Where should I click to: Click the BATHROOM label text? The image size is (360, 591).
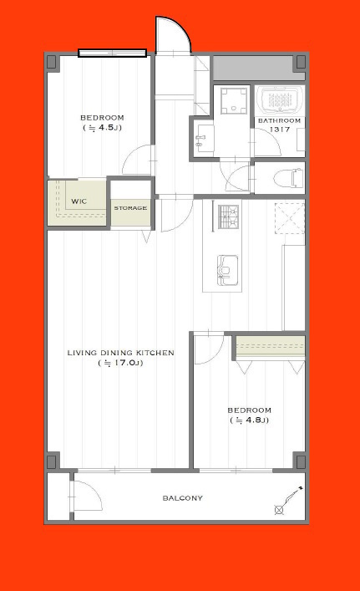click(280, 120)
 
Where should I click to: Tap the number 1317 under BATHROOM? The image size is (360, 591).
click(280, 130)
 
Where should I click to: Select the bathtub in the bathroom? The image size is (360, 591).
click(280, 99)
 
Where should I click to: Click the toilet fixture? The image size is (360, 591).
click(288, 178)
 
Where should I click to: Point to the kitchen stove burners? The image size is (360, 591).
click(229, 217)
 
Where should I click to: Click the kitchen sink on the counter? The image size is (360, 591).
click(227, 269)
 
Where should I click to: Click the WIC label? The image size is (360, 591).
click(79, 201)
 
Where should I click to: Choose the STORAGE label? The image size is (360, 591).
click(130, 208)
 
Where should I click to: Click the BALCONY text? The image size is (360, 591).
click(183, 498)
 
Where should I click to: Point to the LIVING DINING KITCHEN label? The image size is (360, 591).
click(120, 353)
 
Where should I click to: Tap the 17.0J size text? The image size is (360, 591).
click(120, 363)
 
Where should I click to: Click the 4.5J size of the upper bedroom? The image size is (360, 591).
click(102, 127)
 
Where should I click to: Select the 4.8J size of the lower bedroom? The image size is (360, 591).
click(249, 420)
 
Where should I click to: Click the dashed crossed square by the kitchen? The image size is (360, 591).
click(289, 218)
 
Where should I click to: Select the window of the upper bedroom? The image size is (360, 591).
click(112, 53)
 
